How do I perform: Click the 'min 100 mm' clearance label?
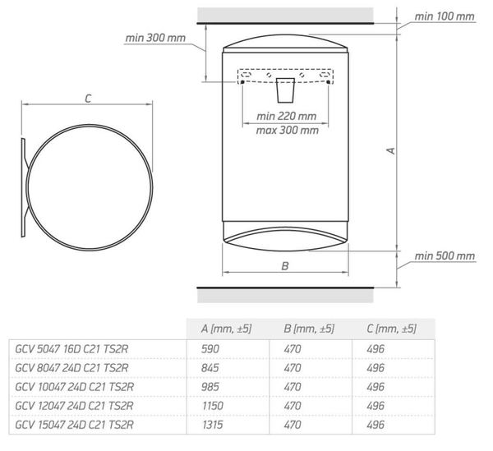tap(444, 16)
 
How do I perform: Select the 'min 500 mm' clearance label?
tap(445, 256)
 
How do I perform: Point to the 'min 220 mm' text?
tap(288, 117)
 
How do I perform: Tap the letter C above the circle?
tap(87, 98)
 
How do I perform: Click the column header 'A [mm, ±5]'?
tap(226, 329)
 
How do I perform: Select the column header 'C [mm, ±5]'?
tap(390, 329)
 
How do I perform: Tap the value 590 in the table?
tap(211, 349)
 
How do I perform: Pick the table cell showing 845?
tap(211, 368)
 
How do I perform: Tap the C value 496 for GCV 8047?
tap(375, 368)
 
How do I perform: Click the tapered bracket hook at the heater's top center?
tap(285, 89)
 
